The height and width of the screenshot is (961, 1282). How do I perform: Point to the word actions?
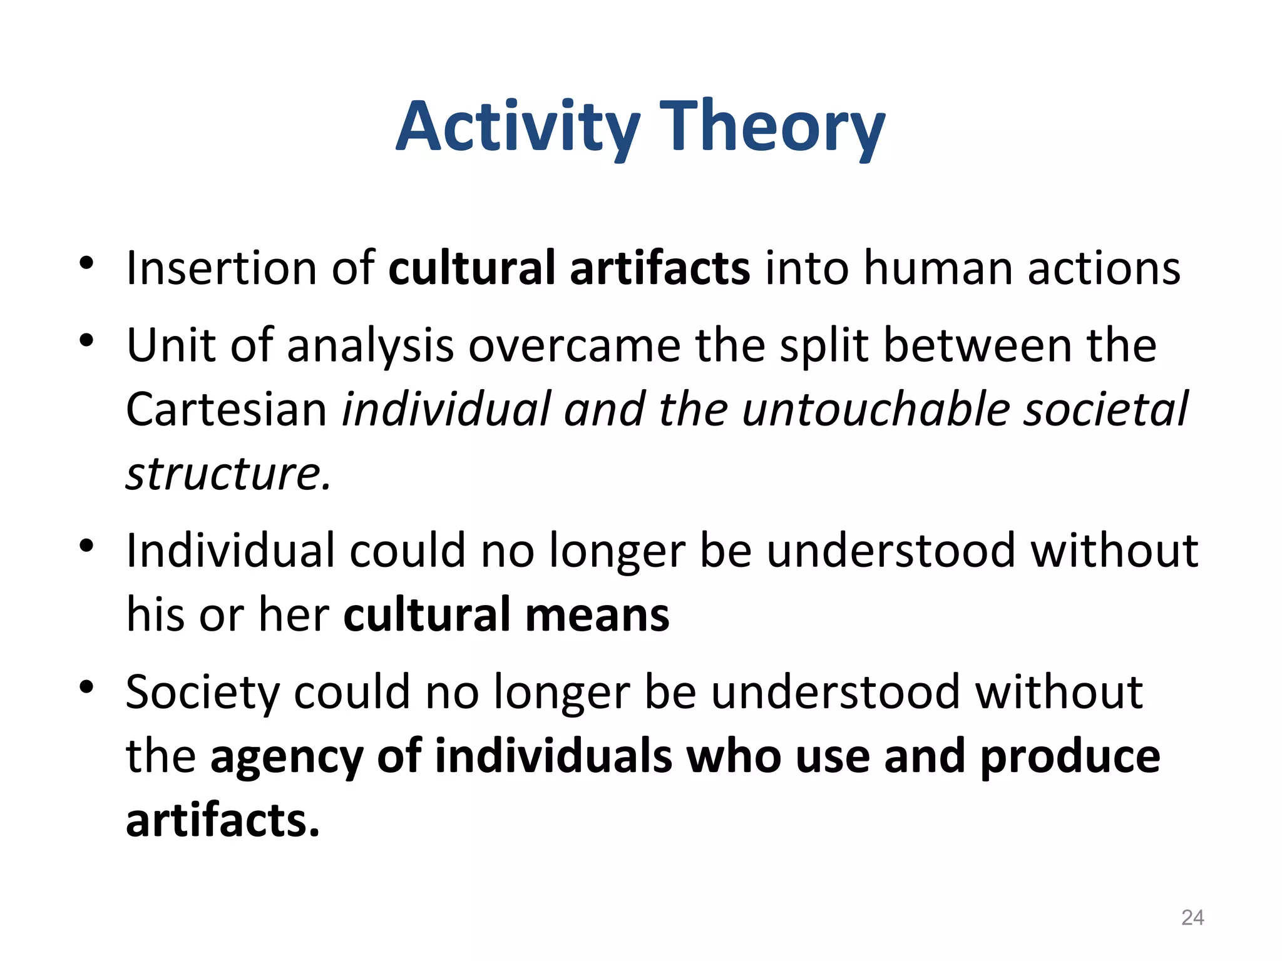[1104, 268]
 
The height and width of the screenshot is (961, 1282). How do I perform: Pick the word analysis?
[370, 347]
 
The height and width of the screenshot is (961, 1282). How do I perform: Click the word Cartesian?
[227, 410]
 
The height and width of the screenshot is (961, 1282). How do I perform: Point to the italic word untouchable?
[876, 410]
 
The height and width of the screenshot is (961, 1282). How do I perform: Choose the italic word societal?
[1105, 410]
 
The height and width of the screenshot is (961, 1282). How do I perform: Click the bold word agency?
[287, 757]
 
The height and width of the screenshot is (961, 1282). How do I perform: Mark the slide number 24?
[1192, 918]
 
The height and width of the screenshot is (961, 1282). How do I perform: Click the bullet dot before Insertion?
[86, 263]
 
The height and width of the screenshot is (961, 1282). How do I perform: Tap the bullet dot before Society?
[86, 688]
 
